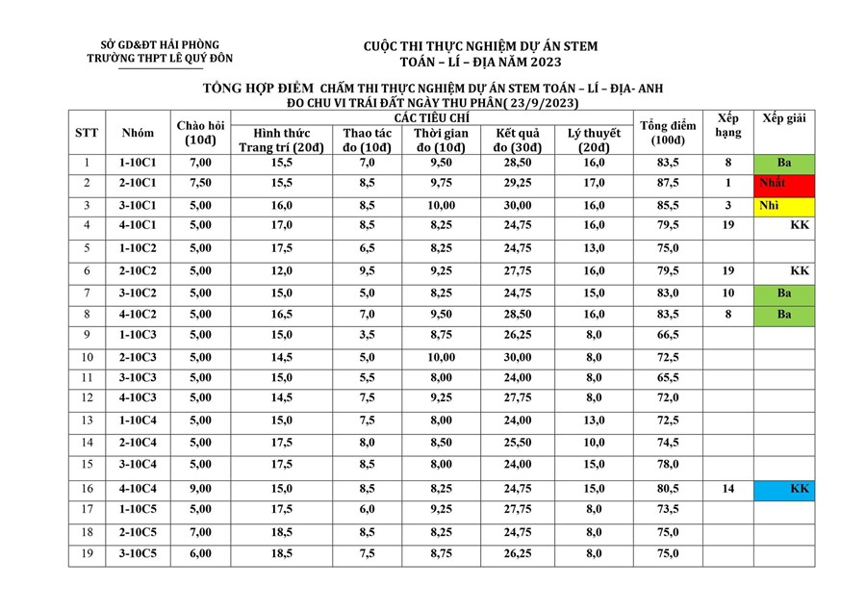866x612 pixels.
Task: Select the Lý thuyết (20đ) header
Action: [x=594, y=140]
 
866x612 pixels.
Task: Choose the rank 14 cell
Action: [x=728, y=489]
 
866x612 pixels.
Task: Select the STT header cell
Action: [x=87, y=133]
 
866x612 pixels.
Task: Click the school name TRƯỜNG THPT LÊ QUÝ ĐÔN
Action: [x=160, y=59]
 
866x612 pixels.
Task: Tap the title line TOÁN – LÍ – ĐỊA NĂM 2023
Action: [x=480, y=63]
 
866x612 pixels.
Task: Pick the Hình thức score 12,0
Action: [x=282, y=271]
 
